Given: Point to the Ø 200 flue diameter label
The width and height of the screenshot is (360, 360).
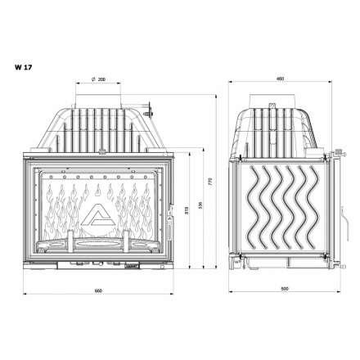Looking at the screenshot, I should point(97,79).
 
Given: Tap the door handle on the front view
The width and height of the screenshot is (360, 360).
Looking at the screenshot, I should point(170,216).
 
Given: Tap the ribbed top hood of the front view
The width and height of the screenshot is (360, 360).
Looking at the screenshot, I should point(97,127).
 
